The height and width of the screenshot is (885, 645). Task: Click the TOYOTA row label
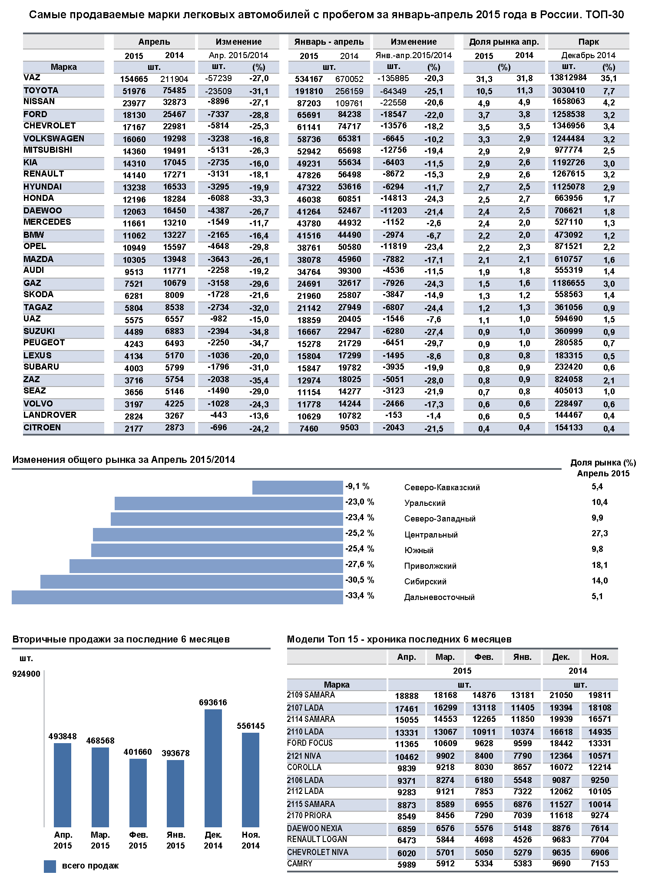pos(41,90)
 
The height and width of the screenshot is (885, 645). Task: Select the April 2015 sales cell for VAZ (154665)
pos(134,79)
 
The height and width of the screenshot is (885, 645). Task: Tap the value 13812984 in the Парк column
pos(568,78)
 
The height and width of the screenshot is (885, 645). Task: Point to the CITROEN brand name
pos(42,428)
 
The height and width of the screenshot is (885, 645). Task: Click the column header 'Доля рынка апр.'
pos(504,42)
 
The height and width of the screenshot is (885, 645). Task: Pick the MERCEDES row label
pos(47,222)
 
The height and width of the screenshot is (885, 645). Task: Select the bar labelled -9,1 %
pos(298,488)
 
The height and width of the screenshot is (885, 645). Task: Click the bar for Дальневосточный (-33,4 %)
pos(177,597)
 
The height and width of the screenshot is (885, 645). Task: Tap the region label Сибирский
pos(425,582)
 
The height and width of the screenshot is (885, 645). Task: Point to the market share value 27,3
pos(599,534)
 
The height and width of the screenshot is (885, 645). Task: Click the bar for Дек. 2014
pos(213,768)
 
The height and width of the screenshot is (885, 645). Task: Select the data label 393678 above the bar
pos(175,753)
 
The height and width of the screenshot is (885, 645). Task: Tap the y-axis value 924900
pos(26,674)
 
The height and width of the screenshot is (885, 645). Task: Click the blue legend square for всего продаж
pos(50,866)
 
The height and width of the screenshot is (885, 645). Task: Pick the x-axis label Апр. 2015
pos(63,840)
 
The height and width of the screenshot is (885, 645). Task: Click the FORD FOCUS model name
pos(310,743)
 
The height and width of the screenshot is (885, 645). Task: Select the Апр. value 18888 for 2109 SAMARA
pos(407,696)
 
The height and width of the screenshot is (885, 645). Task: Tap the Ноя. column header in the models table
pos(599,657)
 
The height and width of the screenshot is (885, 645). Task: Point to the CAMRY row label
pos(300,863)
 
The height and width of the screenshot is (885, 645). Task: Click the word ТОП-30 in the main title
pos(604,15)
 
